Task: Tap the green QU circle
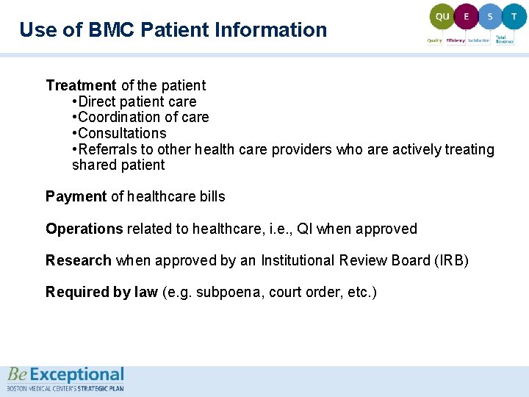click(442, 16)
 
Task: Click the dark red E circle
click(465, 16)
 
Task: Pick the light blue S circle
click(490, 16)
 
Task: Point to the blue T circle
click(514, 16)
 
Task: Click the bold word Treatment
click(81, 86)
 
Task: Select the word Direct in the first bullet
click(96, 102)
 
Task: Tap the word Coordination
click(120, 118)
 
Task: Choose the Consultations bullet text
click(122, 134)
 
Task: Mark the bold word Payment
click(76, 197)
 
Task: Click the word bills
click(211, 197)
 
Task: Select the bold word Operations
click(84, 229)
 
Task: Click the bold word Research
click(79, 260)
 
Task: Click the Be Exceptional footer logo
click(66, 379)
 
